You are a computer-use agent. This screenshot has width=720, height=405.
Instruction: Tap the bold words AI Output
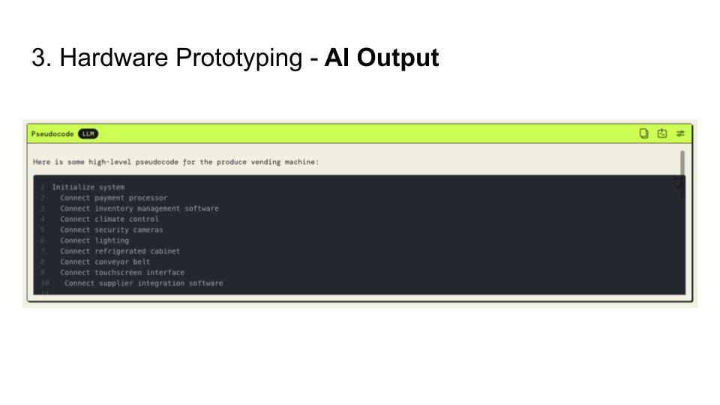click(381, 58)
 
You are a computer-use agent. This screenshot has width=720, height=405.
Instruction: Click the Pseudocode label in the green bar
click(52, 134)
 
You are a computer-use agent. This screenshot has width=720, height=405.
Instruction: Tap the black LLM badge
click(88, 134)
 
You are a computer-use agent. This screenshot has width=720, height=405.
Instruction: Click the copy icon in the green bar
click(643, 133)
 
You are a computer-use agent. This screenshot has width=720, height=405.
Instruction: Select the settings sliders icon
click(680, 133)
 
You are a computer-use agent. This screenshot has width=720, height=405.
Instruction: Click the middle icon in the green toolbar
click(662, 133)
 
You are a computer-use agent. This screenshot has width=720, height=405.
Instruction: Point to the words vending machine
click(289, 162)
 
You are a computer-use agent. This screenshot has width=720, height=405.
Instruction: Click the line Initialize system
click(88, 187)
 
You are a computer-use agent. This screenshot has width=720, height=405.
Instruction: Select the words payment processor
click(130, 198)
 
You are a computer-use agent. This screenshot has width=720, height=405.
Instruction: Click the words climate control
click(127, 219)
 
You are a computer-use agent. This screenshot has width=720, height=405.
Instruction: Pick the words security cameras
click(128, 229)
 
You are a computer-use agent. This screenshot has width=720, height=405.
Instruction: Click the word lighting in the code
click(112, 241)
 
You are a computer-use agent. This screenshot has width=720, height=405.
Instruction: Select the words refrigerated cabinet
click(137, 251)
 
